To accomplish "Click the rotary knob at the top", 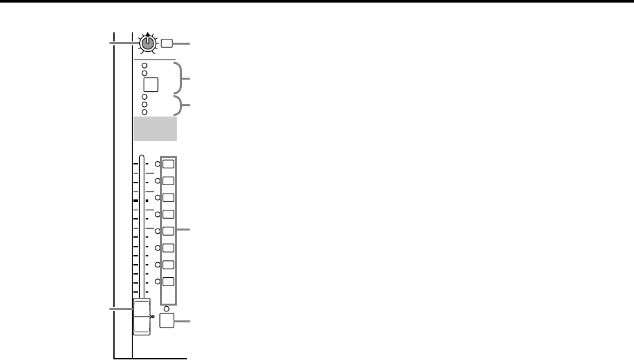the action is (x=148, y=44).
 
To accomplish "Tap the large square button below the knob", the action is (x=151, y=85).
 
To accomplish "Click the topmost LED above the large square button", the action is (x=144, y=66).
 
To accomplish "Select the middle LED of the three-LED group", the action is (x=144, y=104).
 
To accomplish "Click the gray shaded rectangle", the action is (x=155, y=129).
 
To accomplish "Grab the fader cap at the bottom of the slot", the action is (x=141, y=317).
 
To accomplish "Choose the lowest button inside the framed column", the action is (x=168, y=282).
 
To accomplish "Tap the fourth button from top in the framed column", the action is (x=168, y=214).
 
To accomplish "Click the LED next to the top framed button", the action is (x=158, y=164).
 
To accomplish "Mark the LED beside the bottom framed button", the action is (x=158, y=282).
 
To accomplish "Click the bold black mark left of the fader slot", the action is (x=135, y=201).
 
